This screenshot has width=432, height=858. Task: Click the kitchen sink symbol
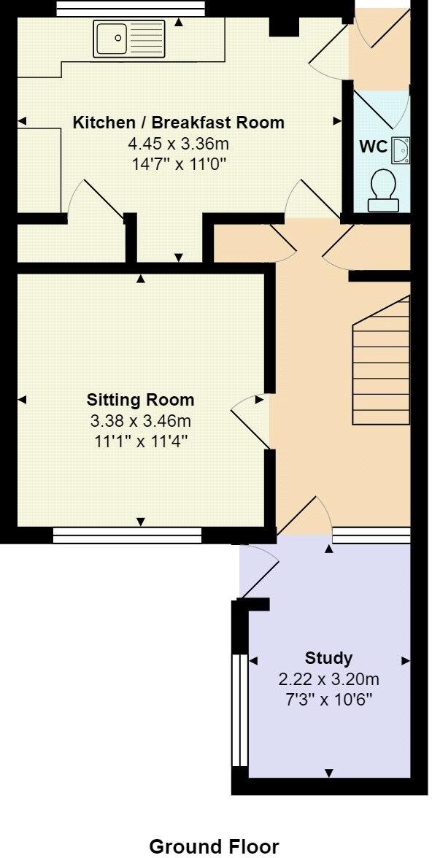(x=131, y=39)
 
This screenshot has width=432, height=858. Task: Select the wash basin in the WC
(x=401, y=150)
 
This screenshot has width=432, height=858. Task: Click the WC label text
(x=373, y=146)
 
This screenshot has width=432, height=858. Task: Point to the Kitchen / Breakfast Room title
(x=178, y=122)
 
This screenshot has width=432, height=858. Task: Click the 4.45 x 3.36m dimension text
(x=178, y=143)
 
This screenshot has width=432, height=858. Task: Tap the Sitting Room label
(x=141, y=399)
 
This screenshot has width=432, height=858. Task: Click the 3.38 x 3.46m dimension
(x=141, y=420)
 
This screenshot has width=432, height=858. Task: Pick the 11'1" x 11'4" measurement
(x=141, y=441)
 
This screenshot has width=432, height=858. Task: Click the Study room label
(x=328, y=658)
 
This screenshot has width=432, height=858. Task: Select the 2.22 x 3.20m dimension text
(x=328, y=679)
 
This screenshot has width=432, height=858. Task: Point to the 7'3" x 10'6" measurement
(x=328, y=700)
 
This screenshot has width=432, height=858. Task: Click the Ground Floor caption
(x=214, y=846)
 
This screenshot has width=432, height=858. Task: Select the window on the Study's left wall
(x=236, y=710)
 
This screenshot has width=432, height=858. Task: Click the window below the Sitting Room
(x=127, y=536)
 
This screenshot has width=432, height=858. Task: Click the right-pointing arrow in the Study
(x=405, y=660)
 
